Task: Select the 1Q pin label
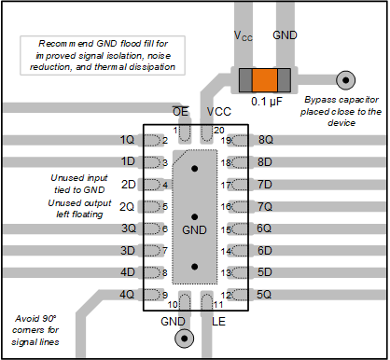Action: tap(129, 140)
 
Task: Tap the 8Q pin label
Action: tap(265, 140)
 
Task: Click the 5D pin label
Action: tap(264, 272)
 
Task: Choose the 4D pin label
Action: tap(129, 272)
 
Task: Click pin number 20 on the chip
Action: tap(218, 129)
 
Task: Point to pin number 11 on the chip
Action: tap(217, 304)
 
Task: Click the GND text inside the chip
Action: tap(194, 228)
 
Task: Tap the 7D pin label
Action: tap(264, 185)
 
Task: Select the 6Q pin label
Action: tap(264, 228)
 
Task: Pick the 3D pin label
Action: tap(129, 251)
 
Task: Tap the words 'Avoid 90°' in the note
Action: tap(36, 318)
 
